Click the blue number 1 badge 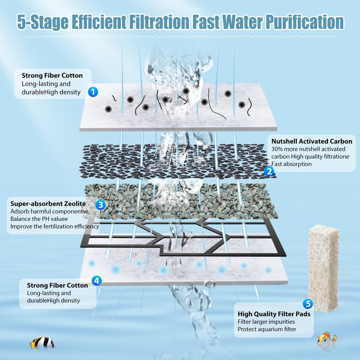[x=93, y=92]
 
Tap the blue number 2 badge [x=269, y=171]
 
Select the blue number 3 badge [x=100, y=204]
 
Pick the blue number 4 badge [x=96, y=280]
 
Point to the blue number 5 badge [x=308, y=304]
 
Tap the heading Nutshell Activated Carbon [x=312, y=141]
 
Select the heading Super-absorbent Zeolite [x=48, y=204]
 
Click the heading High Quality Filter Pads [x=274, y=314]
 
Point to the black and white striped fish [x=43, y=343]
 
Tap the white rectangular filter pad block [x=323, y=268]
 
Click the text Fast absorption [x=291, y=164]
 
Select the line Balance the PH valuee [x=39, y=219]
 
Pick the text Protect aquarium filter [x=267, y=329]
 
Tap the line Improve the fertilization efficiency [x=55, y=226]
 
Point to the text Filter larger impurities [x=266, y=321]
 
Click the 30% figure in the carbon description [x=277, y=149]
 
